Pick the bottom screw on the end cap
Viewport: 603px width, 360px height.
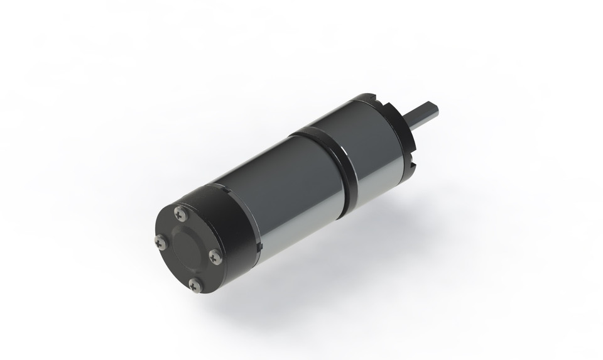point(196,284)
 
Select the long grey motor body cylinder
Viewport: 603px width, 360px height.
point(283,188)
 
